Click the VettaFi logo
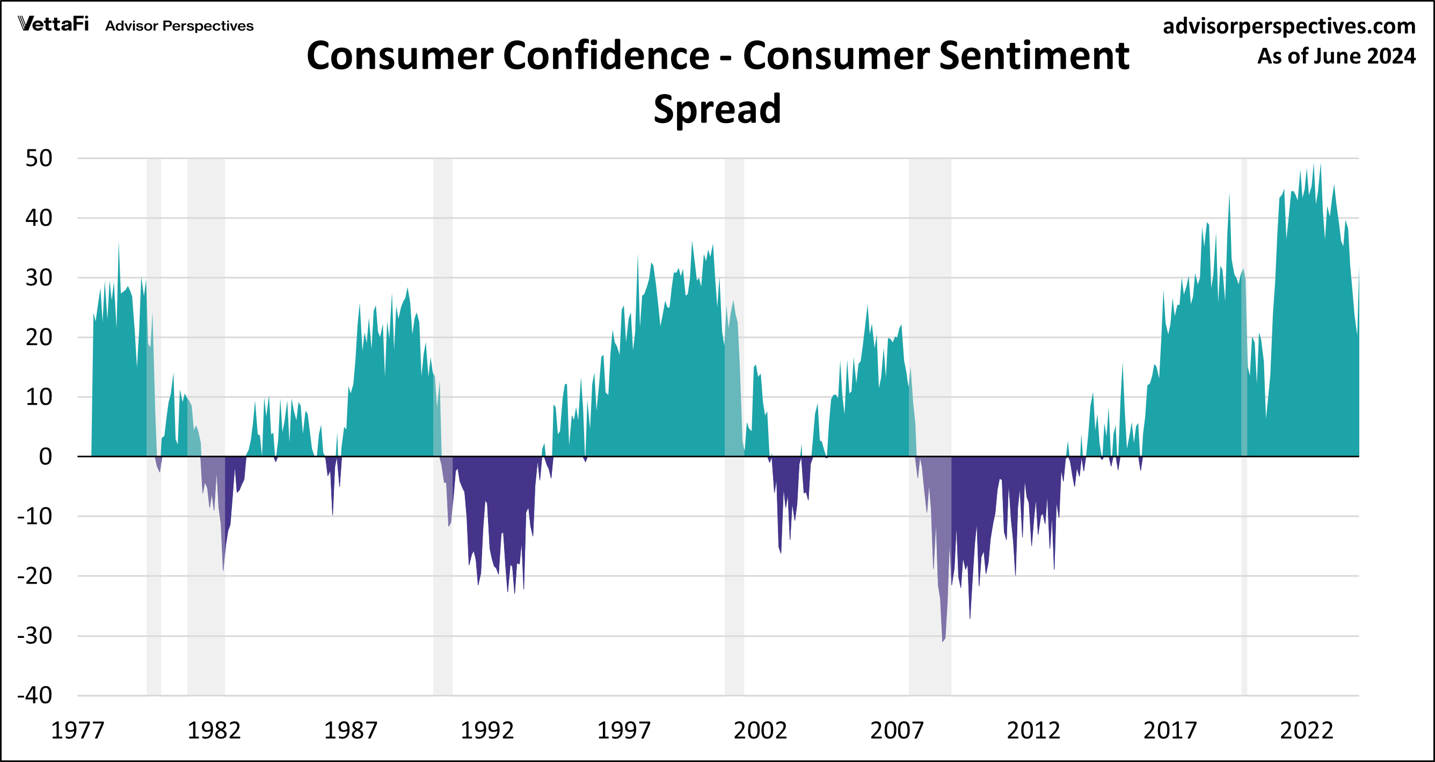point(54,24)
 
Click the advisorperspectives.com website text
point(1288,26)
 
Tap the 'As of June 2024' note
point(1336,56)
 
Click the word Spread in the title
point(717,109)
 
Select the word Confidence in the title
point(606,56)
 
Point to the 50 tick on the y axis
point(39,159)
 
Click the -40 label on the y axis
point(35,695)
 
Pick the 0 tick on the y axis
point(46,457)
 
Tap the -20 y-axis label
point(35,576)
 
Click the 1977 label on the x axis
point(77,730)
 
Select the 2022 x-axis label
point(1306,730)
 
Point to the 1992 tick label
point(487,730)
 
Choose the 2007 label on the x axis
point(897,730)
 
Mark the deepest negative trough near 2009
point(943,640)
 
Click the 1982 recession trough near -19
point(223,569)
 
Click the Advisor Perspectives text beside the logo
point(179,26)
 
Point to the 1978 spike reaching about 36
point(119,245)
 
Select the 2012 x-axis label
point(1033,730)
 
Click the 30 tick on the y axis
point(39,278)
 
